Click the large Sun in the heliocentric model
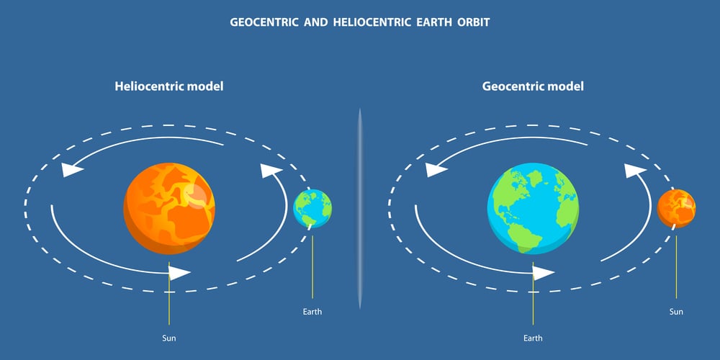coord(169,209)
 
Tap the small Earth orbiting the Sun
coord(312,209)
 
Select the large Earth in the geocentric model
coord(533,209)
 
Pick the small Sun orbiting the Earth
coord(676,209)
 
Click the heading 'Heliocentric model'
coord(169,86)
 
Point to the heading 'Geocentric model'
coord(533,86)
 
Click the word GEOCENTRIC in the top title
coord(264,22)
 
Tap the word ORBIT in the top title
coord(473,22)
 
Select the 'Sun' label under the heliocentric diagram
coord(169,339)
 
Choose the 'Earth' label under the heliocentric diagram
coord(312,312)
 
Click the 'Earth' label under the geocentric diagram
coord(533,339)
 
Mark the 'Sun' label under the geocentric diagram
coord(676,312)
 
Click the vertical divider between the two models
coord(360,209)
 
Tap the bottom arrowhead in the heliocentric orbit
coord(179,273)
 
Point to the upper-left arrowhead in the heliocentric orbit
coord(72,170)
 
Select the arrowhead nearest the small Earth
coord(272,171)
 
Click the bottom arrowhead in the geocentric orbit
coord(544,273)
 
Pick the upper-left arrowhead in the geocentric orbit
coord(436,170)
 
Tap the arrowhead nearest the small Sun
coord(636,171)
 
